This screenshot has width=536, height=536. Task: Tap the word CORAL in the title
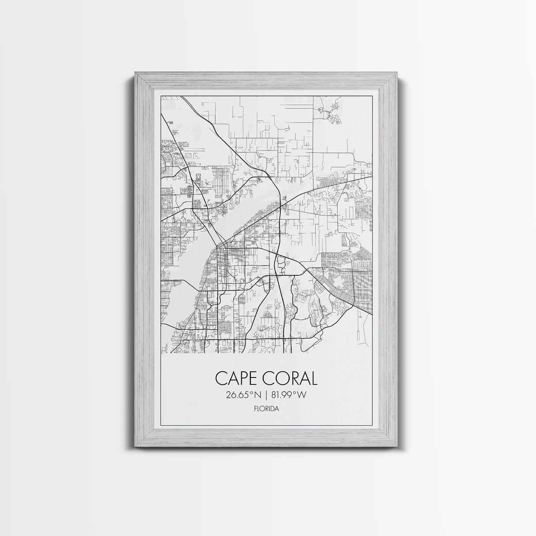point(291,379)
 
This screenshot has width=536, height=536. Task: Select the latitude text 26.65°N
point(242,395)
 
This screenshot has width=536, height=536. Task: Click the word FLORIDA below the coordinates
point(266,409)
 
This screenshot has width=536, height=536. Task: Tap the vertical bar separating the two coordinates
point(266,395)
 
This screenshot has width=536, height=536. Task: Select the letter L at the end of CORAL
point(313,379)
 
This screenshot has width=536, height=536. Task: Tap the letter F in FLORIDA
point(256,409)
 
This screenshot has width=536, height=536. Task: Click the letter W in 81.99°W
point(301,395)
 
